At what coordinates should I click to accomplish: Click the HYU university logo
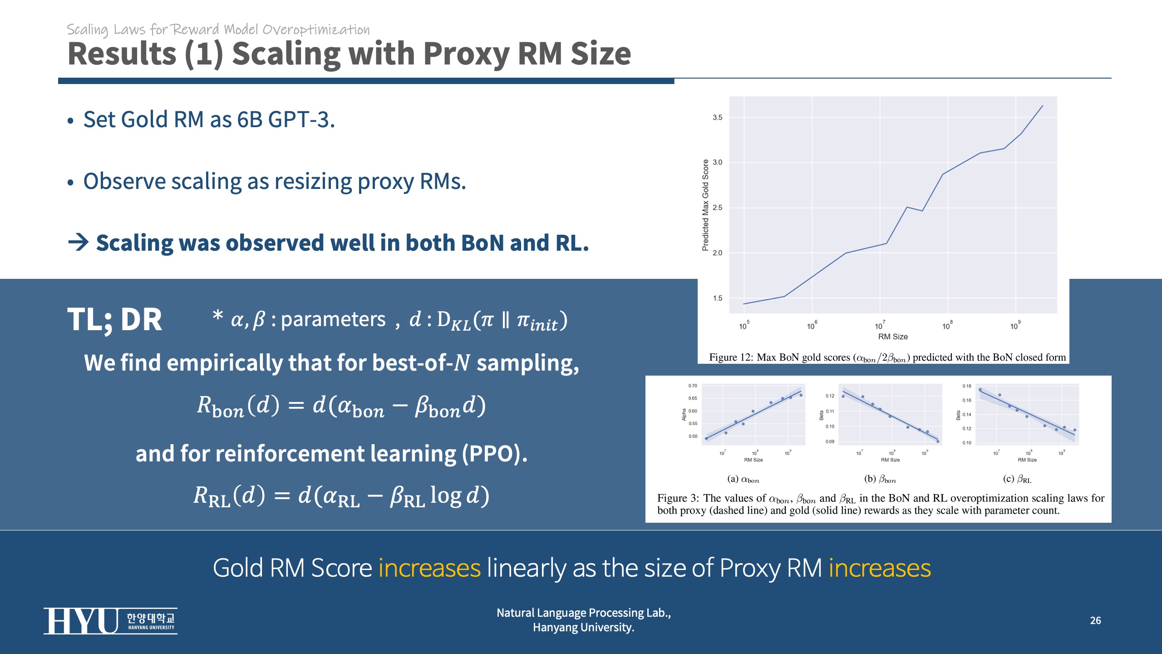coord(110,620)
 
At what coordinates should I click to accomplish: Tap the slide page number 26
coord(1095,620)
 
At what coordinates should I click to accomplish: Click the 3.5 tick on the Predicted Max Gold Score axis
coord(717,118)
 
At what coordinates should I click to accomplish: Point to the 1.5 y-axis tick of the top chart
coord(717,298)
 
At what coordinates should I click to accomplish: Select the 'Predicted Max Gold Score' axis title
coord(705,205)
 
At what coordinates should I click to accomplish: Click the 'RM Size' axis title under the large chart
coord(892,337)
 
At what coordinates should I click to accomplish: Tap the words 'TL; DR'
coord(114,320)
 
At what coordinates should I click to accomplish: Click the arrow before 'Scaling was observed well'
coord(78,243)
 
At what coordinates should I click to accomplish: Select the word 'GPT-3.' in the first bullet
coord(301,120)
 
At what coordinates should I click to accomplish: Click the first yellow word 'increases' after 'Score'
coord(429,568)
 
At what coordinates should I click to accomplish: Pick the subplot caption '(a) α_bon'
coord(743,479)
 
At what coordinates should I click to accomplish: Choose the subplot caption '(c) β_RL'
coord(1017,479)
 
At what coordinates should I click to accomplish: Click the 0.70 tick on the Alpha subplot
coord(692,386)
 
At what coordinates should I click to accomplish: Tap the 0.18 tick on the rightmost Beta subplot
coord(967,386)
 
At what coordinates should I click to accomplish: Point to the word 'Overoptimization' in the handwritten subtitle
coord(316,30)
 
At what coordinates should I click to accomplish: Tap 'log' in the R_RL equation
coord(446,495)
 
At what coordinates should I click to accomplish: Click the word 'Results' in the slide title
coord(122,54)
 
